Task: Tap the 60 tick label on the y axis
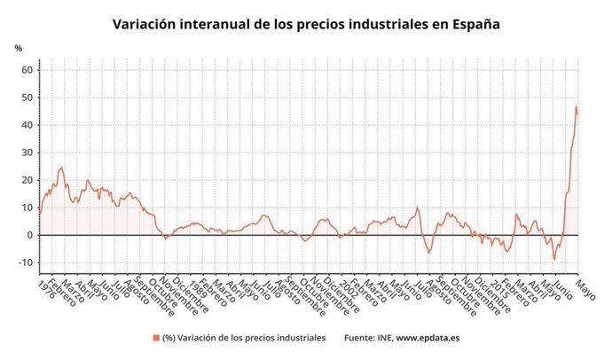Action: (27, 70)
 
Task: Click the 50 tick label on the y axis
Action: (27, 98)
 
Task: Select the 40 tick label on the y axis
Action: (27, 125)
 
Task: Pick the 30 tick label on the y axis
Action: (27, 153)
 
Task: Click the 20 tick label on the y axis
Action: (27, 180)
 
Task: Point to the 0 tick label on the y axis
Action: (29, 235)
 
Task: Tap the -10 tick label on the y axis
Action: (25, 262)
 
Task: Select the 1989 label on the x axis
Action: (197, 288)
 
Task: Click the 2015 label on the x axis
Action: (497, 288)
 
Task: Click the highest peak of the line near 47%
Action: (576, 106)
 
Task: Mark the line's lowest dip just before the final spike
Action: (555, 259)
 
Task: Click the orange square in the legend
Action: (155, 338)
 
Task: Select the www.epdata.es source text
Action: (428, 338)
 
